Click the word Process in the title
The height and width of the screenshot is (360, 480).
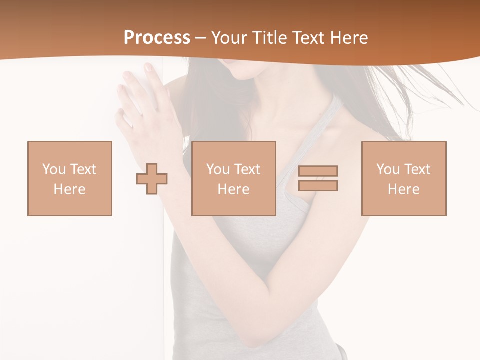click(x=157, y=38)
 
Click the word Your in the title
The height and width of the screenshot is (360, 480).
click(x=230, y=38)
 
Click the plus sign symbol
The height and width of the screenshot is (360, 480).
click(x=152, y=178)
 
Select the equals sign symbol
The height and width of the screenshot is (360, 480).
click(x=318, y=178)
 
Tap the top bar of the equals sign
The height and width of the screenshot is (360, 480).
click(x=318, y=171)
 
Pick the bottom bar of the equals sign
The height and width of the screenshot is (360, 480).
click(x=318, y=185)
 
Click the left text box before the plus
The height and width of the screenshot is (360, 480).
click(x=70, y=178)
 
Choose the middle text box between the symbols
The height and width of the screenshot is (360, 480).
click(x=233, y=178)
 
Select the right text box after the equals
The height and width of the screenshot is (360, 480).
click(x=403, y=178)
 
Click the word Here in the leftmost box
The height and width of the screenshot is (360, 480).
click(x=70, y=189)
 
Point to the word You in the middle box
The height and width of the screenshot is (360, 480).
click(x=218, y=169)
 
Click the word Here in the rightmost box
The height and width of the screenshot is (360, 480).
click(x=403, y=189)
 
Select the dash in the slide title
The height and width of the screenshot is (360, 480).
click(x=201, y=38)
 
